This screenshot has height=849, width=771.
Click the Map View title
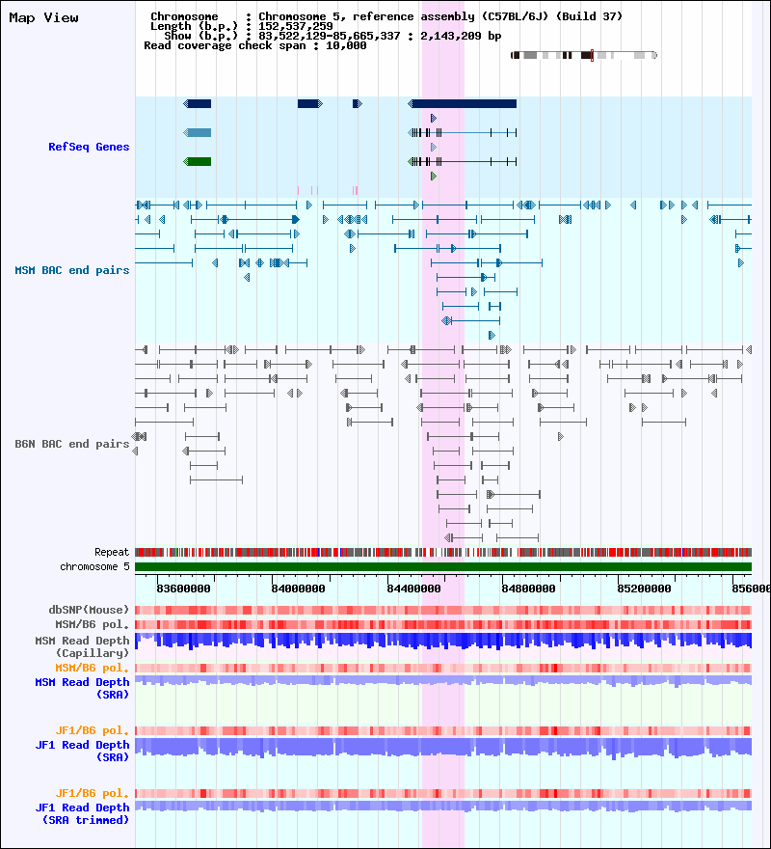[x=43, y=18]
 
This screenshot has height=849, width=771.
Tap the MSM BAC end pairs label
[x=72, y=270]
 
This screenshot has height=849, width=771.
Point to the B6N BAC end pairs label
[x=72, y=444]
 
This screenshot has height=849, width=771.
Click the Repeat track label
[x=112, y=552]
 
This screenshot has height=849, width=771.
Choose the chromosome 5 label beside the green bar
[x=94, y=566]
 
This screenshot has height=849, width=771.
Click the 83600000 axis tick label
[x=183, y=588]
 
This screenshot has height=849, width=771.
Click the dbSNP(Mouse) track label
[x=89, y=610]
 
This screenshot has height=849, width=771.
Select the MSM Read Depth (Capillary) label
[x=82, y=646]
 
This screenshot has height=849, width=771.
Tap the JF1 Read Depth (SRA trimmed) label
[x=82, y=813]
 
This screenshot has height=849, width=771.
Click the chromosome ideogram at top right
[x=583, y=55]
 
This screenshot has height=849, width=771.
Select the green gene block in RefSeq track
[x=199, y=161]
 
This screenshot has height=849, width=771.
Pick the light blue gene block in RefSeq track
[x=199, y=132]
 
